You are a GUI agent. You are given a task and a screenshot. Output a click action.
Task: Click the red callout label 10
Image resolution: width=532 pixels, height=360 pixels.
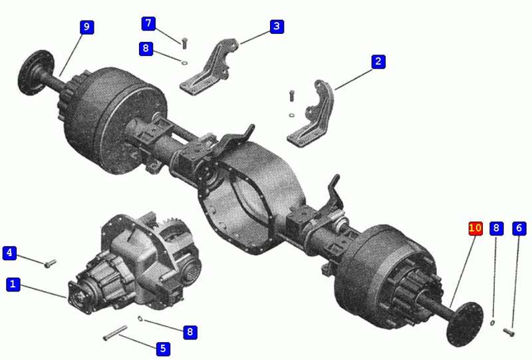point(475,228)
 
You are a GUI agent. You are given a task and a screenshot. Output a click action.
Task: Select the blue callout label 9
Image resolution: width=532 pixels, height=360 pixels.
point(87,27)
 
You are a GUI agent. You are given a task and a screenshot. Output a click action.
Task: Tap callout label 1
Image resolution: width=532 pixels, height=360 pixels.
point(13,284)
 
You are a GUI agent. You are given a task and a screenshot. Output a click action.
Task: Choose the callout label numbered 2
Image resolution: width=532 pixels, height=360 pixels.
point(378,62)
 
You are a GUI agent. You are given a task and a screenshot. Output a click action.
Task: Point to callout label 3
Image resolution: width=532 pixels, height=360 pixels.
point(277,26)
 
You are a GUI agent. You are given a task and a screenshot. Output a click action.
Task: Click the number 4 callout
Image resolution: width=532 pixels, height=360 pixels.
point(9,253)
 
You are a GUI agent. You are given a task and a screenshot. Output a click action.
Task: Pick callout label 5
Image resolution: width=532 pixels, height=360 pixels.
point(163,349)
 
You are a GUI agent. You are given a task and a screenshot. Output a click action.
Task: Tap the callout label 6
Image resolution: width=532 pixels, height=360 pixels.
point(519,228)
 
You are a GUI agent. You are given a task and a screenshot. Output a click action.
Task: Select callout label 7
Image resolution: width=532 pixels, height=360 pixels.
point(148,23)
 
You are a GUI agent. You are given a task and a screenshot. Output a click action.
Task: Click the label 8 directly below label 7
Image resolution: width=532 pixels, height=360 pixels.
point(146,49)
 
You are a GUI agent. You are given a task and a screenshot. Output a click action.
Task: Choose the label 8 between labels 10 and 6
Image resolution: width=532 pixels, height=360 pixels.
point(496,228)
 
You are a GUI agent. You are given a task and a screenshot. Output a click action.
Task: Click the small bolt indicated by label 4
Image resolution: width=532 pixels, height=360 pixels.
point(51,264)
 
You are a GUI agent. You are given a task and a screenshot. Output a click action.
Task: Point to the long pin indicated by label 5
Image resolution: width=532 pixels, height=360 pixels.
point(115,333)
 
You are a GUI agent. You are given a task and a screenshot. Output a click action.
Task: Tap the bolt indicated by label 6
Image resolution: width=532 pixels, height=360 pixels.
point(509,333)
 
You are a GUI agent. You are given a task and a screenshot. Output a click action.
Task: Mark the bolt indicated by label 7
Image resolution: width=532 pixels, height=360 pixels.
point(185,43)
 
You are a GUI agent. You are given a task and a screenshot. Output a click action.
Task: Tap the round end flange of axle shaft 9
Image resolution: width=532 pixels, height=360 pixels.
point(36,73)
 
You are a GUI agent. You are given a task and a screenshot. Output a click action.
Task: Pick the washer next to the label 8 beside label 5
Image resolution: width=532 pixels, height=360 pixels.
point(140,318)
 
